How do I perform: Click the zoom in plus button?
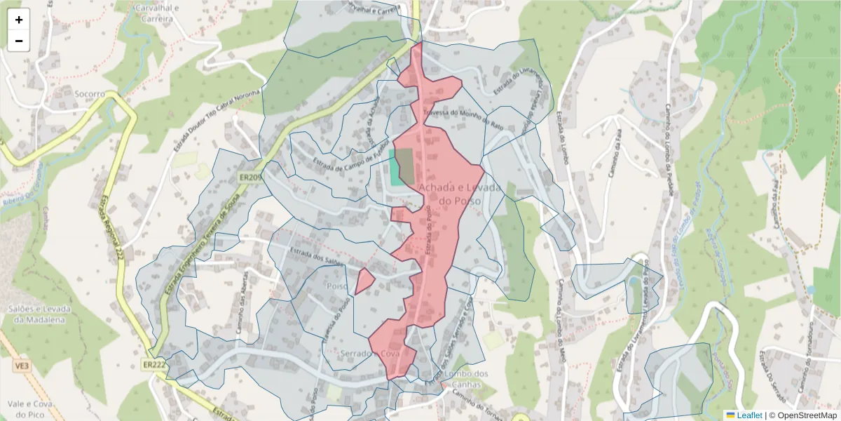19,20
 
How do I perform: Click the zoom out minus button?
19,41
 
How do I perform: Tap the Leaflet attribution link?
749,415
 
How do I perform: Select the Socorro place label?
89,93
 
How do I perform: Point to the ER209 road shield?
249,178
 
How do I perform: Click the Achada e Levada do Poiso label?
458,194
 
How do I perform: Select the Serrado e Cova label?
369,353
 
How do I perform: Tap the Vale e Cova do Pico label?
26,410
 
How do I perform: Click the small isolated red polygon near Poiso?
363,281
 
